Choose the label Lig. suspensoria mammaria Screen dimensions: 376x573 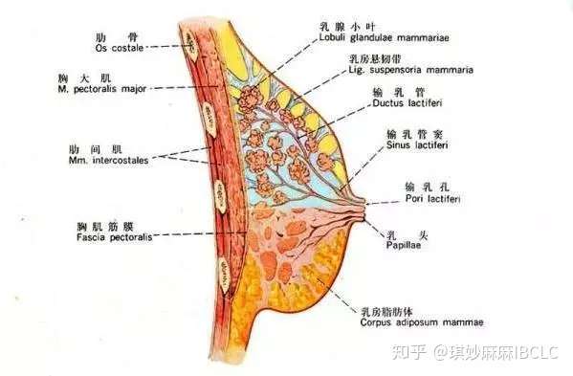coord(395,70)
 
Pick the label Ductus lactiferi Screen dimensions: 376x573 coord(402,102)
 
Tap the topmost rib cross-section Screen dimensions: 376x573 coord(191,41)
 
